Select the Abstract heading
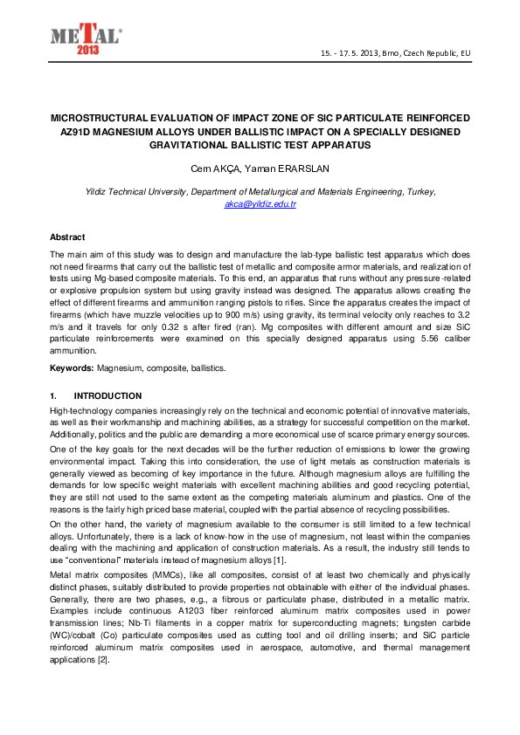coord(67,237)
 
